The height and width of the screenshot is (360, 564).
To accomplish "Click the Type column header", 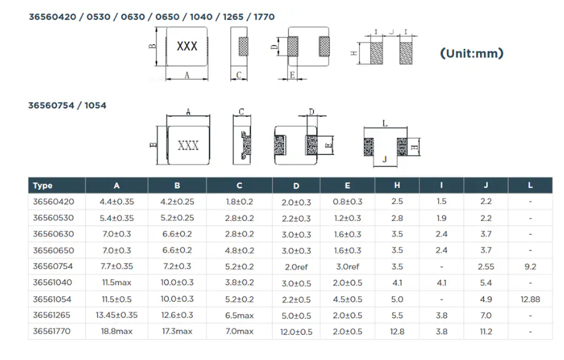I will (x=43, y=185).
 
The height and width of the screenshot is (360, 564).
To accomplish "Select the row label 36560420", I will (x=53, y=202).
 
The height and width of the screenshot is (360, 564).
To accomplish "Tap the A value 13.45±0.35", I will (x=117, y=316).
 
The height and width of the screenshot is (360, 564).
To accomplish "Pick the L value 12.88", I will (x=530, y=299).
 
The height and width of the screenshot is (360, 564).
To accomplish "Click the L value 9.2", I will (x=530, y=267).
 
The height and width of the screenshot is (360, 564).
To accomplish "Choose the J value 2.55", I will (x=486, y=267).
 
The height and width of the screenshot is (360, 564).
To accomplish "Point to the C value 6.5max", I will (x=240, y=316).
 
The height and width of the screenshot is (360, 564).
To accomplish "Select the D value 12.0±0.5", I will (x=296, y=332).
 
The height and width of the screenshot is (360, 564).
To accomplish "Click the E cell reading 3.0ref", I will (x=347, y=267).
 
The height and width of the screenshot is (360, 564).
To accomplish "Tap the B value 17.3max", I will (x=177, y=332).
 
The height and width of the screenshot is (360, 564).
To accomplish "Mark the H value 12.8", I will (x=397, y=332).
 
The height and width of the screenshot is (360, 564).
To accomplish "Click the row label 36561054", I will (x=53, y=299).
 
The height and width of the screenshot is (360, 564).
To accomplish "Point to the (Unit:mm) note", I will (x=471, y=53).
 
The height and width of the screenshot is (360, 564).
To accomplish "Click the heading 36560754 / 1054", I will (x=67, y=105).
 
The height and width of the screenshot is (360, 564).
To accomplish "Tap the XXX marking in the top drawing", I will (x=187, y=47).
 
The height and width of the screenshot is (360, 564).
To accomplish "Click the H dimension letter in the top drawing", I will (x=354, y=53).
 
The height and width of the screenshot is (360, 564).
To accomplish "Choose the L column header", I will (x=530, y=185).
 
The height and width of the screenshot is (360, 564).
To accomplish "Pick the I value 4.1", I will (x=442, y=283).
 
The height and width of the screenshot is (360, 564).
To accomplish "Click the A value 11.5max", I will (x=117, y=283).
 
